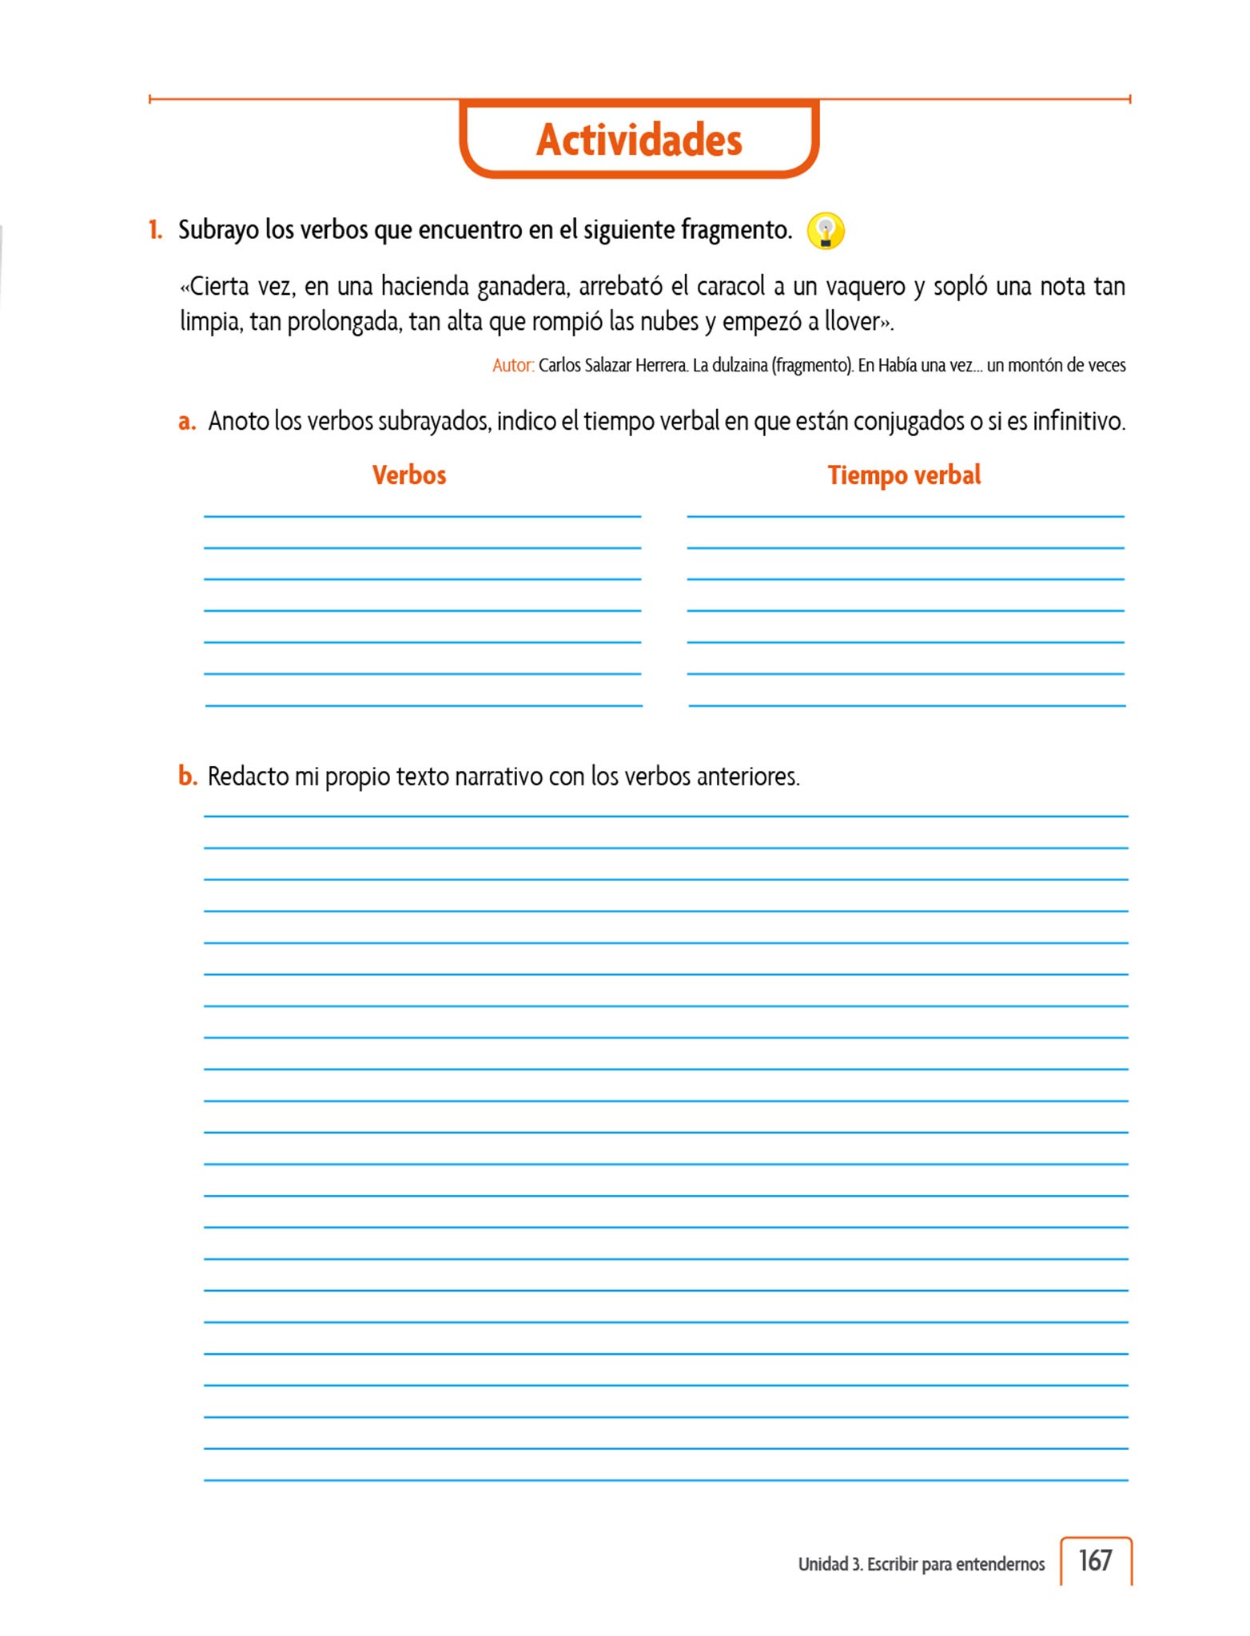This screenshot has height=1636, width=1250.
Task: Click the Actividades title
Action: click(x=639, y=140)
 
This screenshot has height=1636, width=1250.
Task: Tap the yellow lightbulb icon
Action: click(x=826, y=231)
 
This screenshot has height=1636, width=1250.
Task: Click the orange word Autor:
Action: click(x=512, y=366)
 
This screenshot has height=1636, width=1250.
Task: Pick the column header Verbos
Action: click(x=409, y=475)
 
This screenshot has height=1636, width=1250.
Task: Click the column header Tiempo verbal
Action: click(x=904, y=475)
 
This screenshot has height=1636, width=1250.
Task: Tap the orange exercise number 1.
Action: click(x=155, y=230)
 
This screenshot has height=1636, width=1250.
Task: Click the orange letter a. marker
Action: click(x=187, y=421)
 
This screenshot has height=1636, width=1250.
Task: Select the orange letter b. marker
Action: click(x=187, y=776)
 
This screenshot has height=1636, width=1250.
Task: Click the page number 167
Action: click(x=1095, y=1560)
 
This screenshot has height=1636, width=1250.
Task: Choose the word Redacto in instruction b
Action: click(x=248, y=776)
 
